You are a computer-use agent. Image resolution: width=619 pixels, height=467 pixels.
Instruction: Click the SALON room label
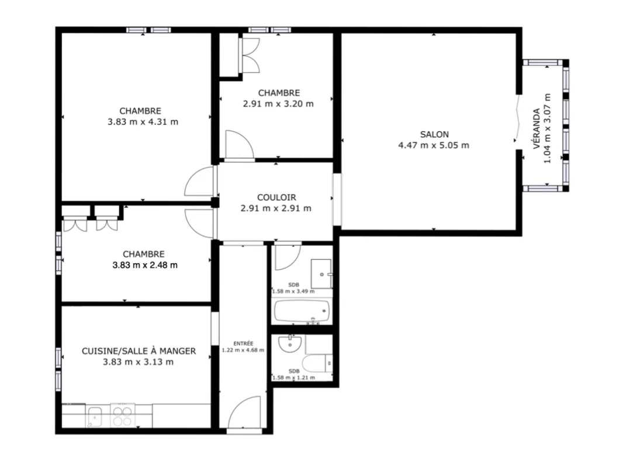(434, 134)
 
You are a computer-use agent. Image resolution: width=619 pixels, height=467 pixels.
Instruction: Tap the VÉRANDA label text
(537, 129)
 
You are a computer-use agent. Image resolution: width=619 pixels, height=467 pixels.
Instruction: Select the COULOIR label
(276, 197)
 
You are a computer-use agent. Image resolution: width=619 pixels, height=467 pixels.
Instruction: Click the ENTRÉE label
(243, 344)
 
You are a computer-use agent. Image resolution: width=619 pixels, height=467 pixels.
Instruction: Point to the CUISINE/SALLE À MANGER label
(139, 351)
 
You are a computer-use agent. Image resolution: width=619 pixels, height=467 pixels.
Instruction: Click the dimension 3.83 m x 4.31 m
(143, 122)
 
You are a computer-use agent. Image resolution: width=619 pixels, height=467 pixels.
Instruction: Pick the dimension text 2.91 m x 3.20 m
(278, 104)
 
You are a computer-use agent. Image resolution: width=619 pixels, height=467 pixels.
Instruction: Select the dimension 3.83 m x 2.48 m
(145, 265)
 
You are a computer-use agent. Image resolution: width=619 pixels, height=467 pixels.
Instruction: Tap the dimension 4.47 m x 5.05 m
(434, 145)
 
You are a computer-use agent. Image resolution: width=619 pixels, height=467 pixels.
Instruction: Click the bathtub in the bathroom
(302, 311)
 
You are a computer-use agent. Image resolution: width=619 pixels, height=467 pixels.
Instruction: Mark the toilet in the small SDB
(317, 363)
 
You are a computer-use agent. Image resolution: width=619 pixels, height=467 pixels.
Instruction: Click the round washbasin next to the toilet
(290, 344)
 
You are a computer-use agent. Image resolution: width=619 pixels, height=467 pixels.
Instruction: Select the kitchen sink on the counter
(94, 417)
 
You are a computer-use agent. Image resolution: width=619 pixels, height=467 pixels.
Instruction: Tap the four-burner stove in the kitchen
(122, 416)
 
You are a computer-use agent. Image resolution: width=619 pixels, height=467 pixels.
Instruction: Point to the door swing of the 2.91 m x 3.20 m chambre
(240, 145)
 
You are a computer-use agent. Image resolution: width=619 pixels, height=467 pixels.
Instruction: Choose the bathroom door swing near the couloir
(288, 257)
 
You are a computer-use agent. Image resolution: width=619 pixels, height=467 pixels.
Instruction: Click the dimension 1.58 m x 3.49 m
(293, 292)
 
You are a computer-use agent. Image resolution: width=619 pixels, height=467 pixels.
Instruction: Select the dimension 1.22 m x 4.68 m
(243, 350)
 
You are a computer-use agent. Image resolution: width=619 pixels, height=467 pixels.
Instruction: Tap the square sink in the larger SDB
(321, 274)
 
